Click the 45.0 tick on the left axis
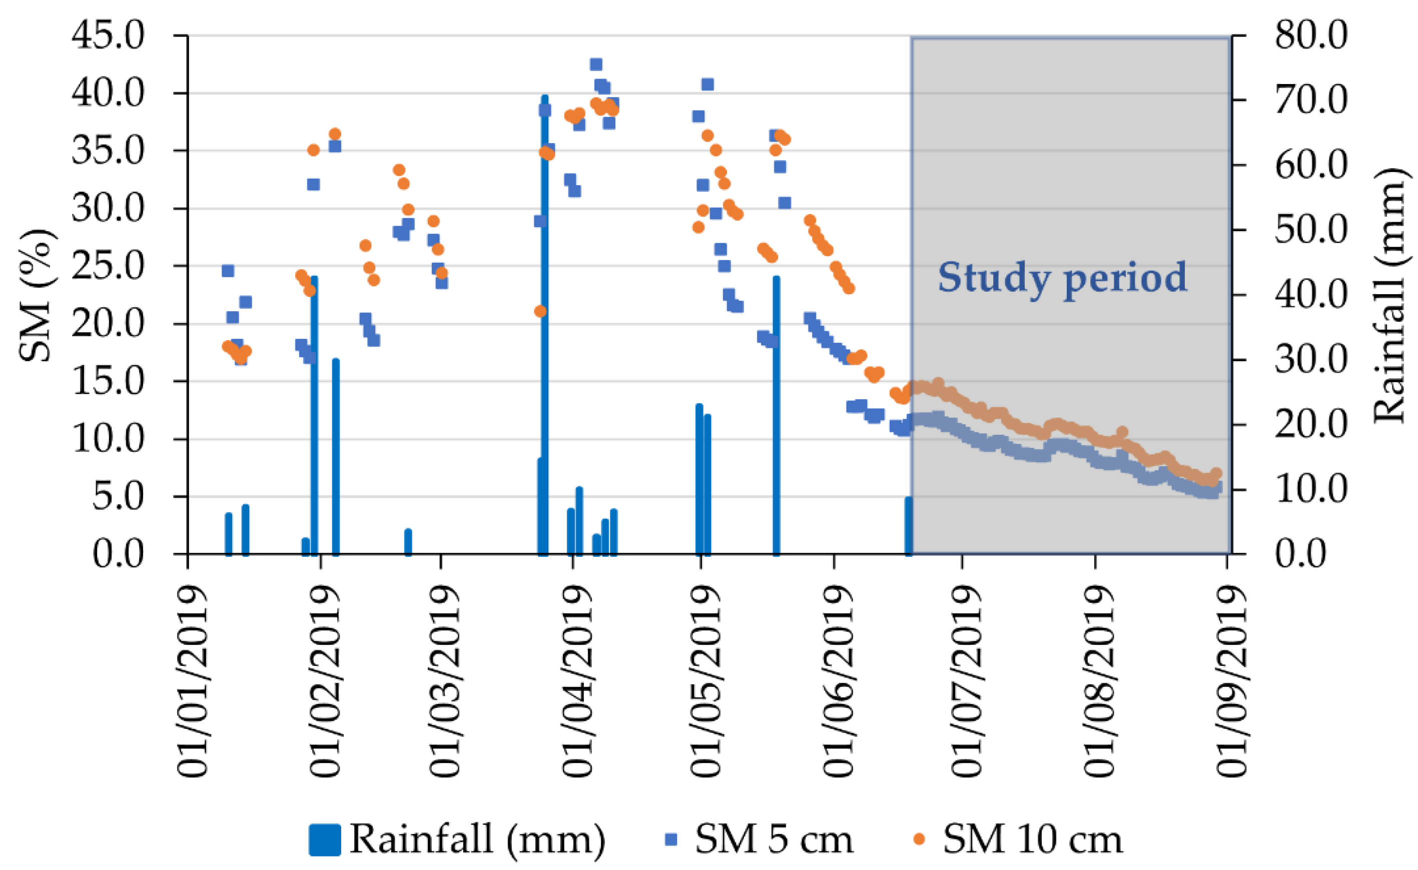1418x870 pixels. pyautogui.click(x=108, y=36)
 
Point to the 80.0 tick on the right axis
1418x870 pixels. pyautogui.click(x=1311, y=36)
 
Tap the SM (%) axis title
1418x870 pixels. pyautogui.click(x=36, y=295)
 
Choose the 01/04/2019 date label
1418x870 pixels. pyautogui.click(x=578, y=682)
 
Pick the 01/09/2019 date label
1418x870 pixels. pyautogui.click(x=1232, y=682)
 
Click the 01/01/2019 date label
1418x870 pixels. pyautogui.click(x=193, y=682)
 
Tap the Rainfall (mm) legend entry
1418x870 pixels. pyautogui.click(x=457, y=839)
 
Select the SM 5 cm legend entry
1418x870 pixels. pyautogui.click(x=760, y=839)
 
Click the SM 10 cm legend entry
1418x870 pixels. pyautogui.click(x=1019, y=839)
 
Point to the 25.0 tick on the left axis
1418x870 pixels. pyautogui.click(x=108, y=266)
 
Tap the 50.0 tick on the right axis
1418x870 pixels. pyautogui.click(x=1311, y=230)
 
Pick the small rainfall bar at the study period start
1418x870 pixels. pyautogui.click(x=909, y=526)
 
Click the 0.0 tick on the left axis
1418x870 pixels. pyautogui.click(x=118, y=554)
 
